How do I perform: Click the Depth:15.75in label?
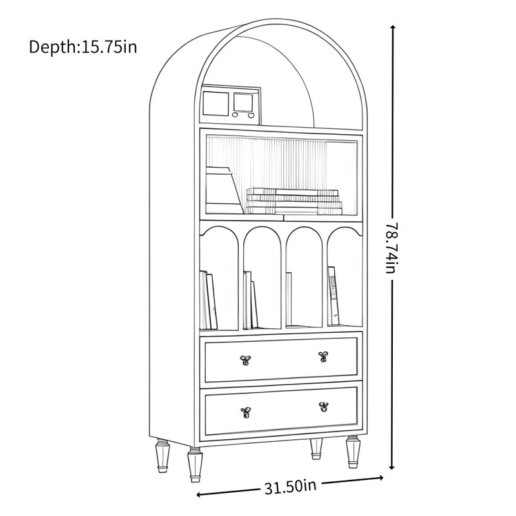pos(83,46)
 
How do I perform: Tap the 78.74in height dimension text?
pos(392,248)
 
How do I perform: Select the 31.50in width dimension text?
pos(291,487)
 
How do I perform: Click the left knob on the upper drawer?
pos(246,360)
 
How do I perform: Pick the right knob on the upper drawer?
pos(323,357)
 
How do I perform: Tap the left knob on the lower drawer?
pos(246,412)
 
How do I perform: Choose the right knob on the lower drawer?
pos(324,407)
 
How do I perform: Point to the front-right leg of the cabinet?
pos(353,452)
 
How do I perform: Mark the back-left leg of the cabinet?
pos(163,455)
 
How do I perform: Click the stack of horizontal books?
pos(294,201)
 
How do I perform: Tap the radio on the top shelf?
pos(231,105)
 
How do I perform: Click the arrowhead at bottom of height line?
pos(392,466)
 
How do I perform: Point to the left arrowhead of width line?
pos(201,494)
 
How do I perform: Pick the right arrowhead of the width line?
pos(380,478)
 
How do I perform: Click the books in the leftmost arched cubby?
pos(208,300)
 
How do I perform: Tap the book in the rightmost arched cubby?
pos(333,295)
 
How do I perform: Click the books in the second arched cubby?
pos(250,300)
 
